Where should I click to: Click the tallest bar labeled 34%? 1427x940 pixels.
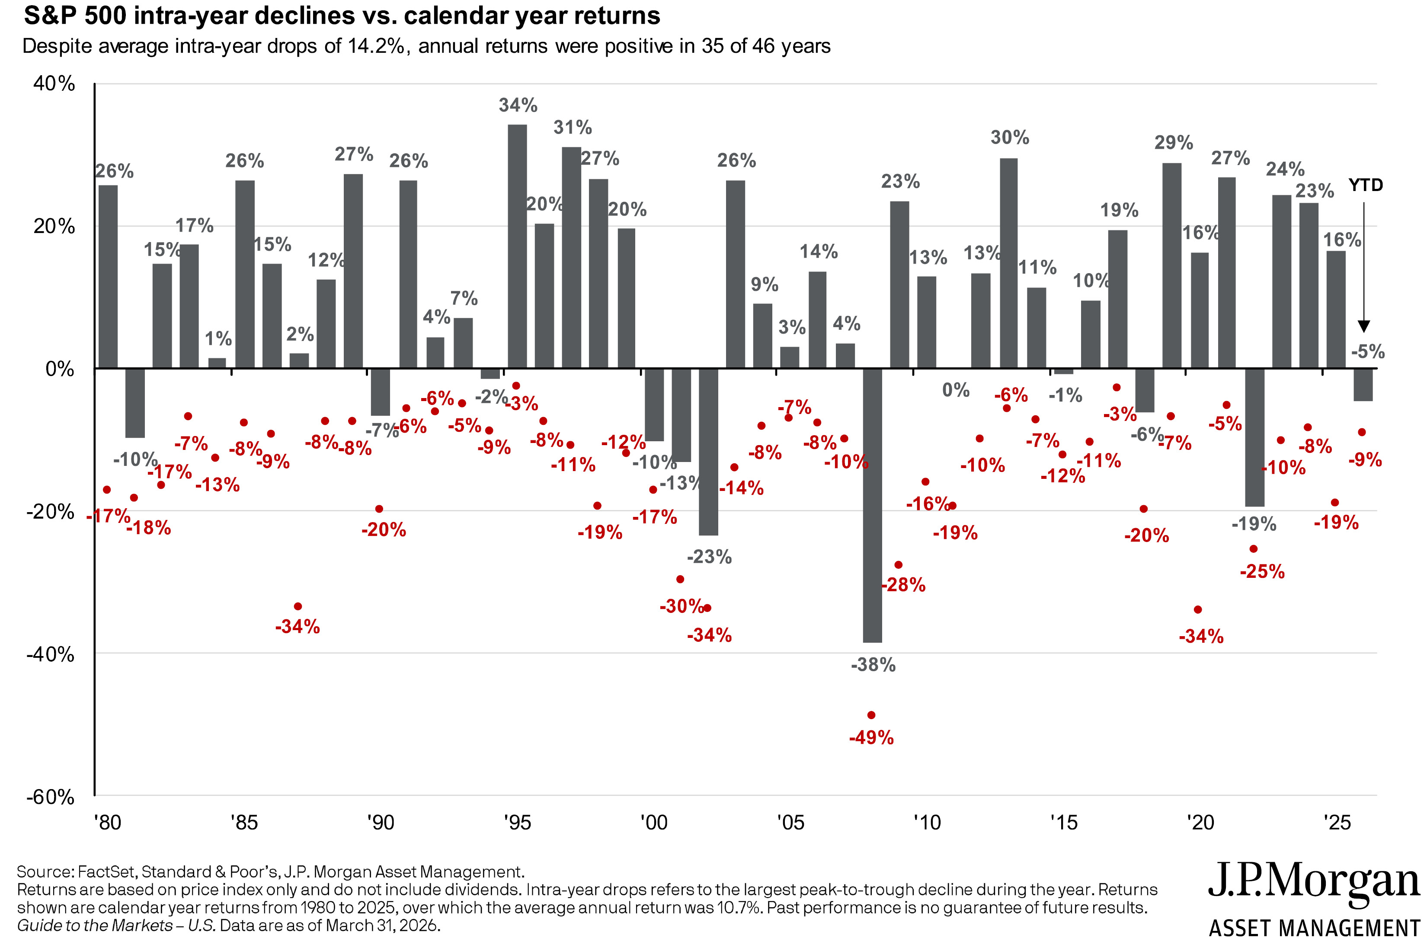(517, 246)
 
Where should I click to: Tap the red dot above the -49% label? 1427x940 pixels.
(871, 714)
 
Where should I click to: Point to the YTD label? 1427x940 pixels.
(1365, 185)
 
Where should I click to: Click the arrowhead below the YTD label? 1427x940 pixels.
(1363, 327)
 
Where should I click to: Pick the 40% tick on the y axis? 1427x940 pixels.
(54, 83)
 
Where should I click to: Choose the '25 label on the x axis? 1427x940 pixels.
(1337, 822)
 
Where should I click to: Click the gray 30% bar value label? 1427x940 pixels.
(1010, 138)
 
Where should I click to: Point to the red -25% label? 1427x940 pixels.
(1262, 571)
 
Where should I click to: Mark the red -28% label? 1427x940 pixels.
(903, 584)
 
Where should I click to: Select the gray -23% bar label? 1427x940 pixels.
(709, 557)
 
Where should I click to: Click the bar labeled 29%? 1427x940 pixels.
(1171, 265)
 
